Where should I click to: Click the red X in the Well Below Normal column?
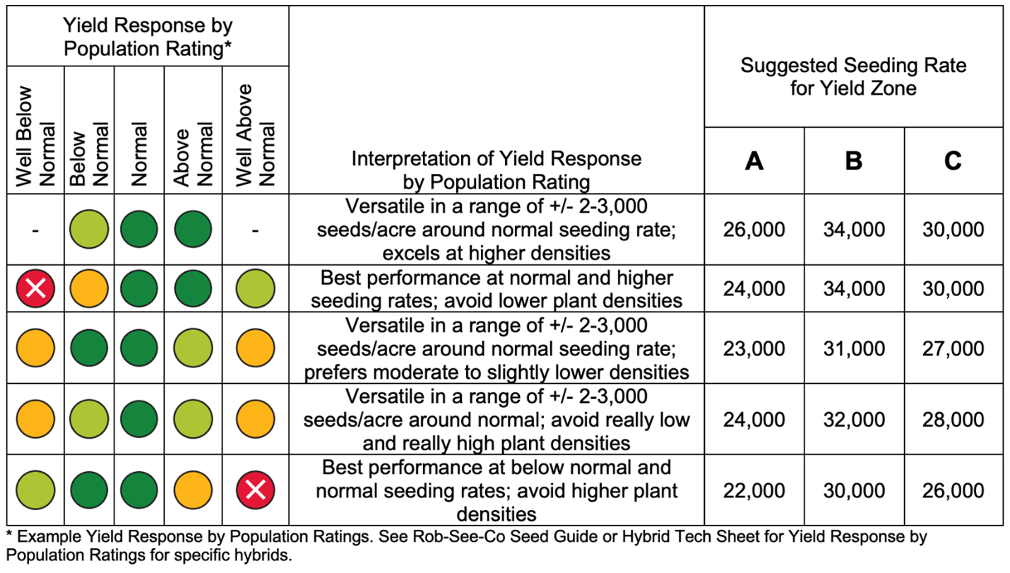click(x=35, y=289)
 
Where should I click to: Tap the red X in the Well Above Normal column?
click(x=255, y=490)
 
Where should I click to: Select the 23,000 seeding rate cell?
click(x=754, y=349)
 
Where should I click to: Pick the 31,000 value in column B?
click(x=853, y=349)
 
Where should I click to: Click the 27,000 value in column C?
click(x=953, y=349)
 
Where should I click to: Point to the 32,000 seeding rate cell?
click(x=853, y=420)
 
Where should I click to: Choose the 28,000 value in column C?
click(x=953, y=420)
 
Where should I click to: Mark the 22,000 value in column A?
click(x=754, y=490)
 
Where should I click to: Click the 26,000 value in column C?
click(x=953, y=490)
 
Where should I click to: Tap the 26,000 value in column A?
click(x=754, y=230)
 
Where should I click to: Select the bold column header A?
click(x=754, y=162)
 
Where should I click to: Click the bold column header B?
click(x=853, y=162)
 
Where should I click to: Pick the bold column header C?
click(x=953, y=162)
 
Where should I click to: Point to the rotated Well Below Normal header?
click(x=35, y=136)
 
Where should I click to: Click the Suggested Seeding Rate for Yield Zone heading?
click(x=853, y=77)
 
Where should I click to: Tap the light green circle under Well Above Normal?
click(x=255, y=289)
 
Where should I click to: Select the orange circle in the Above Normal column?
click(x=193, y=490)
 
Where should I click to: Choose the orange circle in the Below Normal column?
click(x=89, y=289)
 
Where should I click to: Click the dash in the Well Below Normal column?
click(x=35, y=230)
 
